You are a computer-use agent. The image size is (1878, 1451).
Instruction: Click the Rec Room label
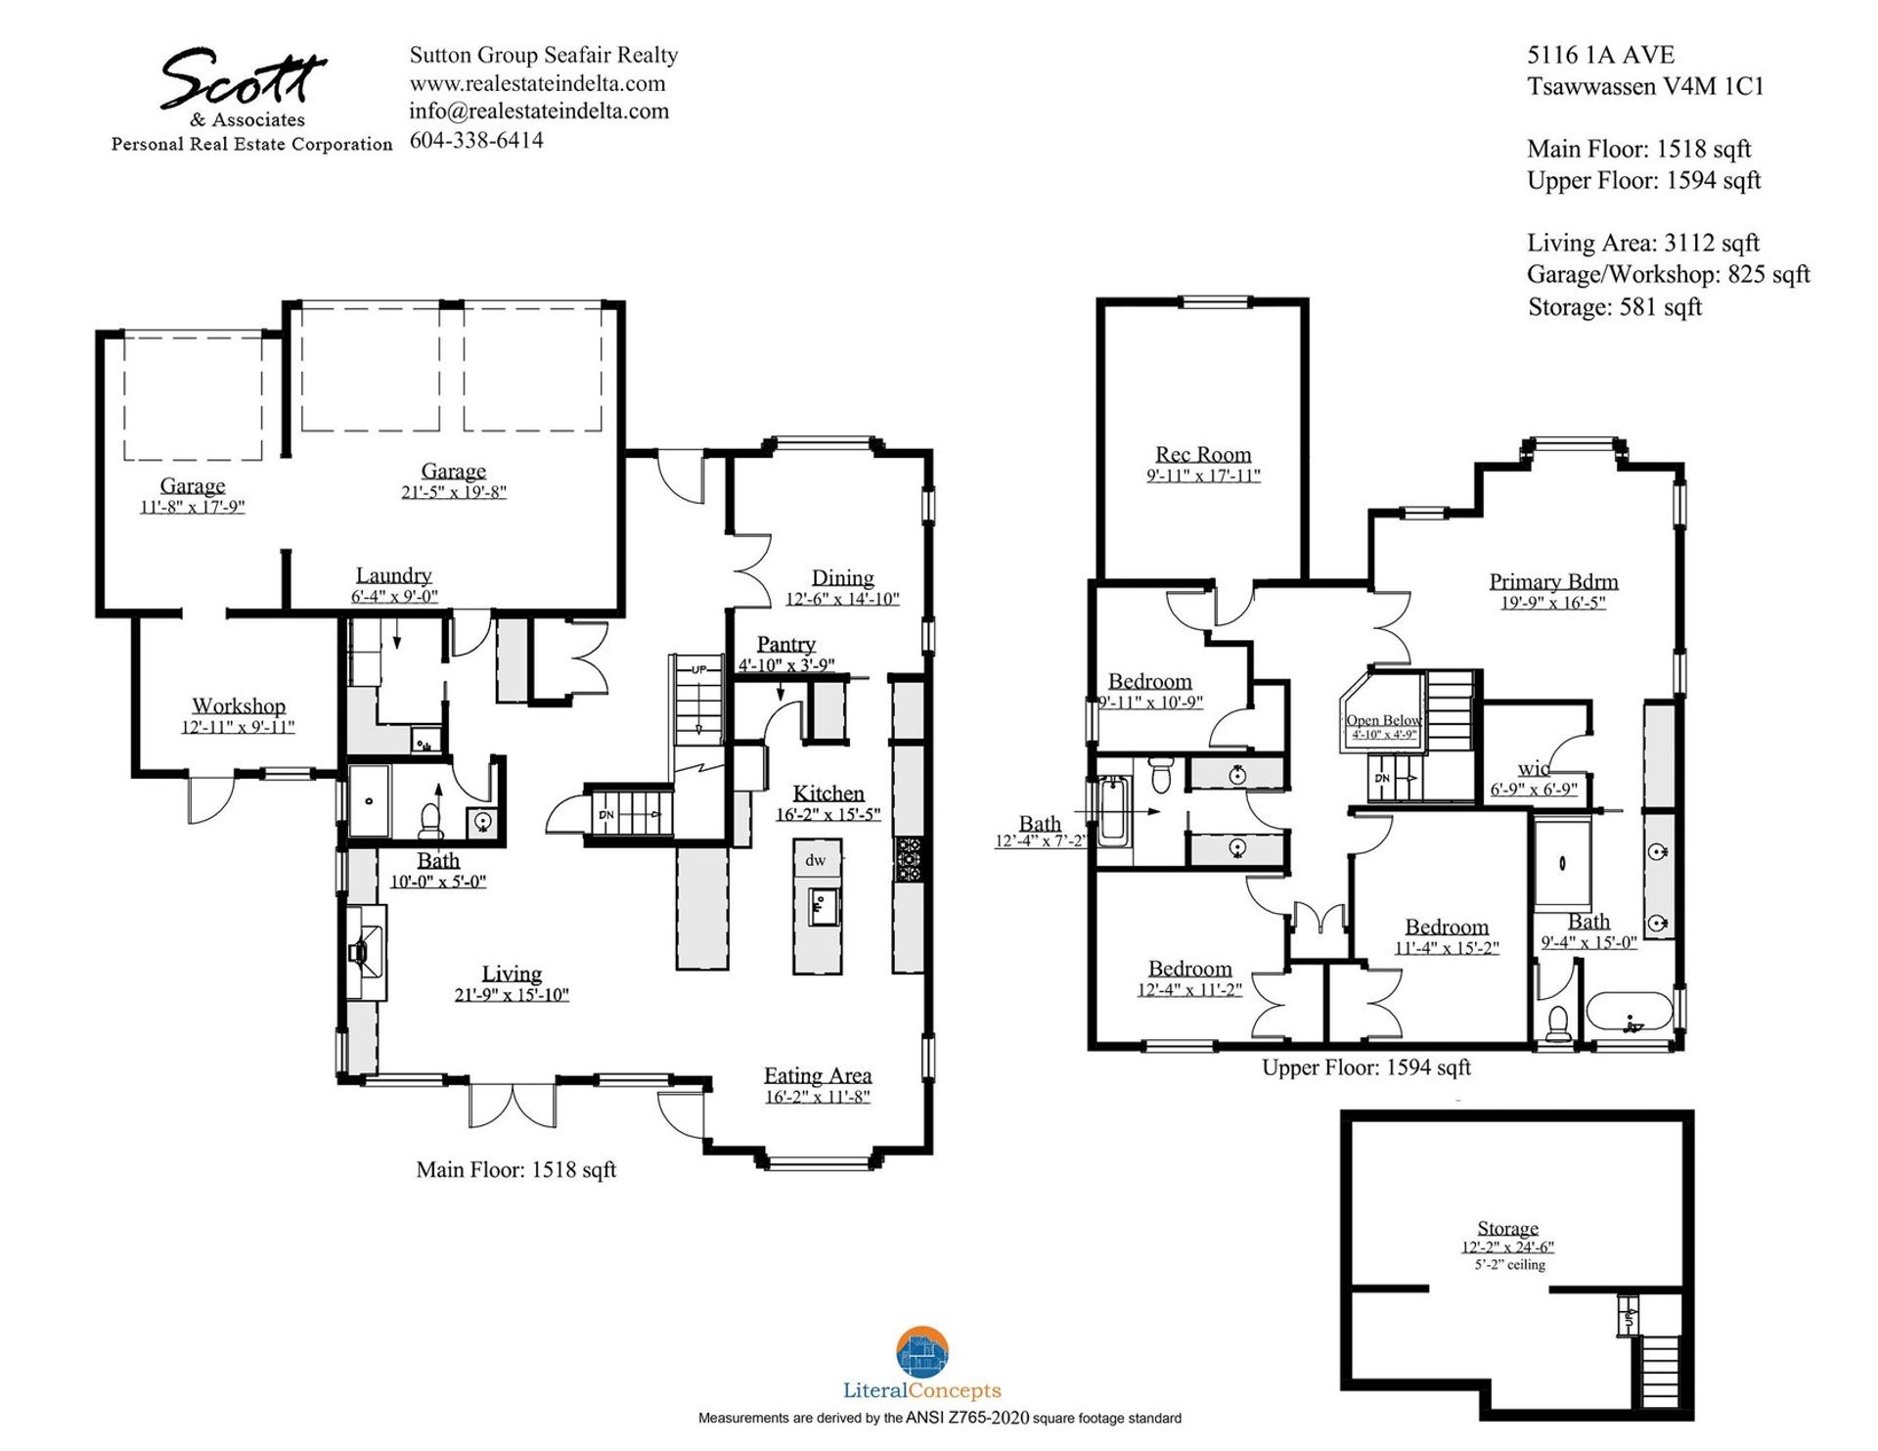click(1202, 455)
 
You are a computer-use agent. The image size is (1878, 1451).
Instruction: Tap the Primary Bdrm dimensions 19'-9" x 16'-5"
click(1552, 603)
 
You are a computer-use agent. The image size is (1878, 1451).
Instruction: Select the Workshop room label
click(238, 705)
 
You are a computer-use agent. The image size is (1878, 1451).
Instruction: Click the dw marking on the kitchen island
click(815, 861)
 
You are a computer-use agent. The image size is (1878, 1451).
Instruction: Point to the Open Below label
click(1383, 720)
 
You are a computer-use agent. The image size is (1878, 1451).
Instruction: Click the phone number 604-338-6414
click(476, 140)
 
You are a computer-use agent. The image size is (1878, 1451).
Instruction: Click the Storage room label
click(1506, 1228)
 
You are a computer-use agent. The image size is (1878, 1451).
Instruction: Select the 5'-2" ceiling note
click(1509, 1265)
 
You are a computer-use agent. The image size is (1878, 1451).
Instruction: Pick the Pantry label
click(785, 644)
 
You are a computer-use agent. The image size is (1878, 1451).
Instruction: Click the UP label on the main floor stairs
click(698, 670)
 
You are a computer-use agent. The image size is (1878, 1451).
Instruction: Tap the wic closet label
click(1533, 769)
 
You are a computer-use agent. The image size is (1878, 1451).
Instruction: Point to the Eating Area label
click(817, 1075)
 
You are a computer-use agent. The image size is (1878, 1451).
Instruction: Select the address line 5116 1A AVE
click(1600, 55)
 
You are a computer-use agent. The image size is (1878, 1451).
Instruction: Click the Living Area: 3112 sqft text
click(1642, 243)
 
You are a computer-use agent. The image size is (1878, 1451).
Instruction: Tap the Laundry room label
click(393, 575)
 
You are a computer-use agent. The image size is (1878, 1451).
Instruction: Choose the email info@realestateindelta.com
click(539, 112)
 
